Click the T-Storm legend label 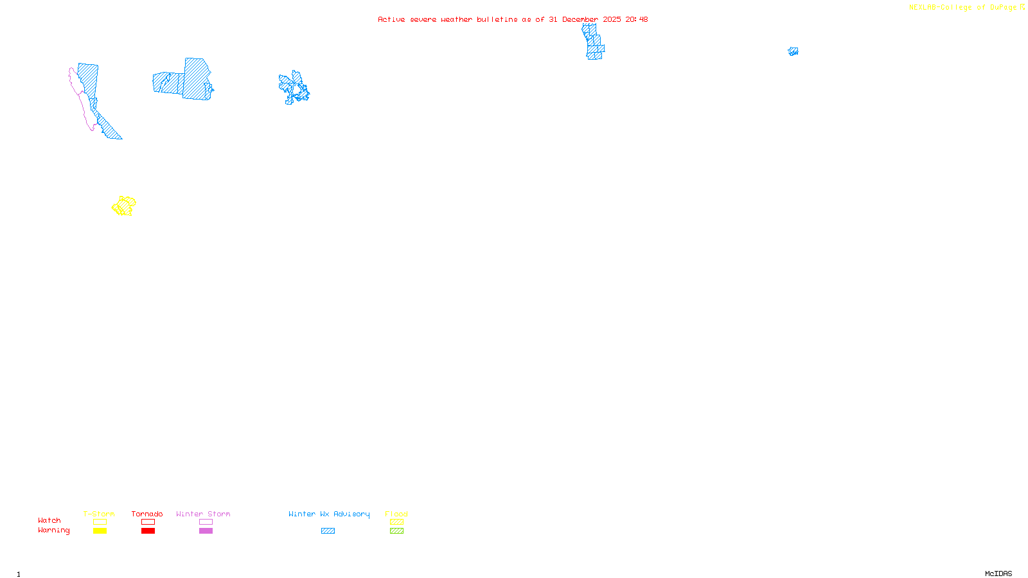point(99,514)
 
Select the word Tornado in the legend point(147,514)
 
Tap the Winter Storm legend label point(203,514)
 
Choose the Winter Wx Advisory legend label point(329,514)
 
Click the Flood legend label point(396,514)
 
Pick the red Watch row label point(49,520)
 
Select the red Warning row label point(53,530)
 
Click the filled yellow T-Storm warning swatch point(100,531)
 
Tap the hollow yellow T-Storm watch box point(100,522)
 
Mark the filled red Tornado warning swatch point(148,531)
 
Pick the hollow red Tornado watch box point(148,522)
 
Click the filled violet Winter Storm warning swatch point(206,531)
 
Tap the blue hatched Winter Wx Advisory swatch point(328,531)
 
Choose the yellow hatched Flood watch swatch point(396,522)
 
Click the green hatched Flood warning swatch point(396,531)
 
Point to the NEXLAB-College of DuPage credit point(966,7)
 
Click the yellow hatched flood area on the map point(124,206)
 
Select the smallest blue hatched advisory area point(793,51)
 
